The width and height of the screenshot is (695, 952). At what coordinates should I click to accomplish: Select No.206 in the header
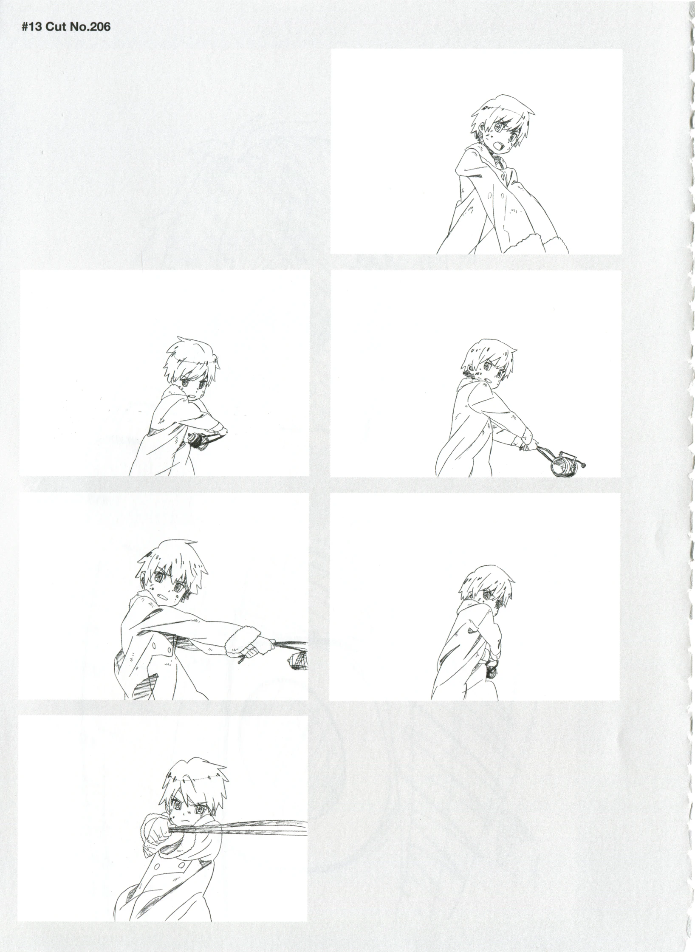tap(88, 27)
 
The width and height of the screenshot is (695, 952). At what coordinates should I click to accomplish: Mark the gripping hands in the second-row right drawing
tap(526, 442)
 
